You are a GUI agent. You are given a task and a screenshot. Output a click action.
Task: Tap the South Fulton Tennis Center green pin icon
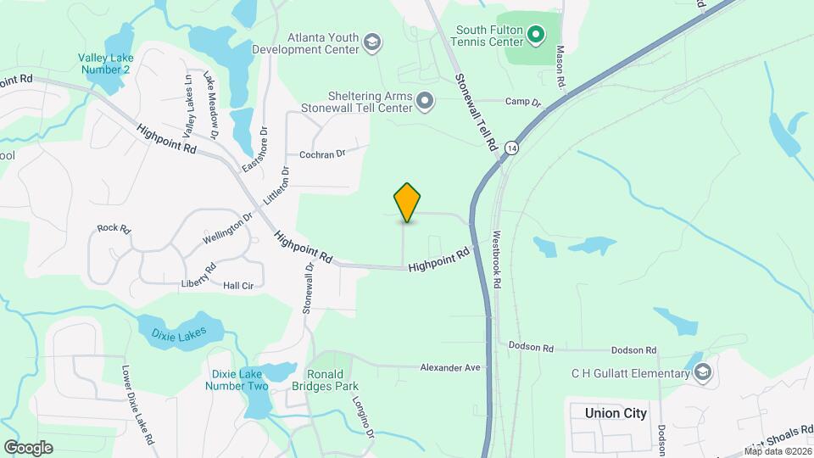(535, 35)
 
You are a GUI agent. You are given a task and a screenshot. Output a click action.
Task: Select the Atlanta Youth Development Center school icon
(371, 42)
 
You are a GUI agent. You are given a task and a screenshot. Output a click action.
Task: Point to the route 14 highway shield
(510, 148)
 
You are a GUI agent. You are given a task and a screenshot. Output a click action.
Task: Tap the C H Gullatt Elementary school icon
(702, 373)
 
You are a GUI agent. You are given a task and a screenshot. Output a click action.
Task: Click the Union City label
(616, 413)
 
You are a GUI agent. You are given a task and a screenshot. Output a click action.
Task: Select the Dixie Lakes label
(179, 336)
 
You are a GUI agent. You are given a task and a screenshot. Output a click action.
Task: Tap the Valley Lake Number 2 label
(104, 64)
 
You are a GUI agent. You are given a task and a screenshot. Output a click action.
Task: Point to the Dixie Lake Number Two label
(237, 380)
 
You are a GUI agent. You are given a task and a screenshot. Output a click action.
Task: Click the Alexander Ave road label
(450, 367)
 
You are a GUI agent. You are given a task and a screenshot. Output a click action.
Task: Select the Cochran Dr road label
(323, 154)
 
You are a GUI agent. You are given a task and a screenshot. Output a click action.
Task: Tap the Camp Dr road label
(522, 102)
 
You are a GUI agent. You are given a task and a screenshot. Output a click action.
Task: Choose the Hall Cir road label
(238, 287)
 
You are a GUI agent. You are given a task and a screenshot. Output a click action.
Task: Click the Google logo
(28, 448)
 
